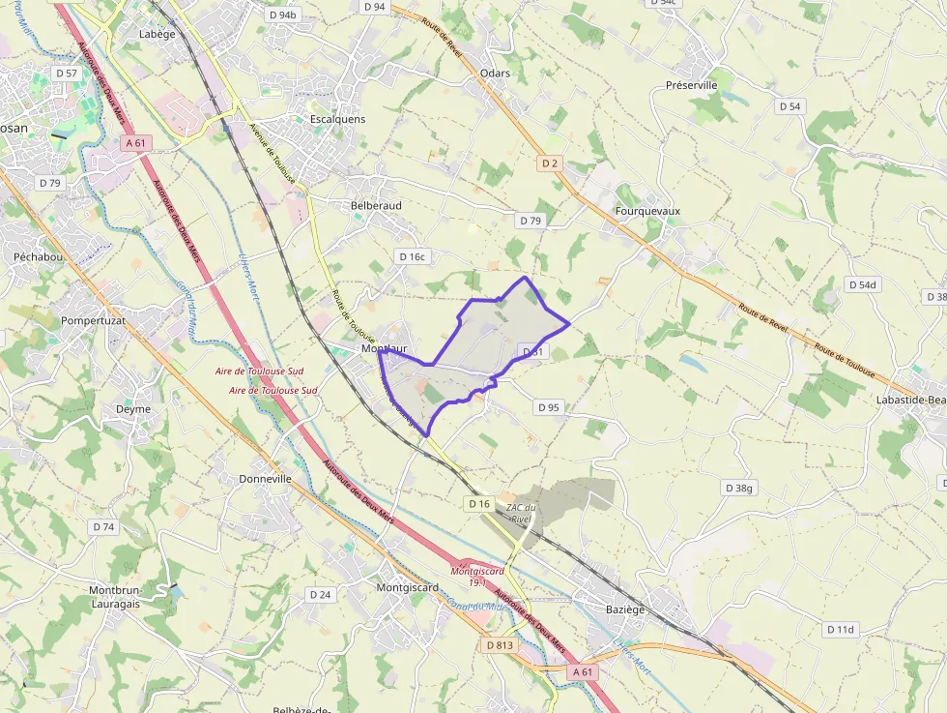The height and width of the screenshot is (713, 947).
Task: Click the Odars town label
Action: [x=494, y=74]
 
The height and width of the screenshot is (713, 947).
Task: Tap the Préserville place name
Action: [x=691, y=85]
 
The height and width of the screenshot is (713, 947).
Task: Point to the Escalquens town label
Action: [x=337, y=119]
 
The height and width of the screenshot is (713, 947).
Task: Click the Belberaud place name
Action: [x=376, y=206]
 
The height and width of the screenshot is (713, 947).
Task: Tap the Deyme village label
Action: [x=133, y=409]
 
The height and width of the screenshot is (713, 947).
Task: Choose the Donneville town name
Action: [x=265, y=479]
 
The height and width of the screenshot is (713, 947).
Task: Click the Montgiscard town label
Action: [x=407, y=587]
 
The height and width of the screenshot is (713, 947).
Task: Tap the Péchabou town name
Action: [x=38, y=257]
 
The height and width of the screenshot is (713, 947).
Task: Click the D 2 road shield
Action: [x=551, y=163]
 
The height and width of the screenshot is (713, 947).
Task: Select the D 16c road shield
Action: [x=412, y=256]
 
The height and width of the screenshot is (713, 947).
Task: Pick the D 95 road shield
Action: [x=548, y=407]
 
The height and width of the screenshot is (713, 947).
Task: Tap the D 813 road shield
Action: [x=501, y=645]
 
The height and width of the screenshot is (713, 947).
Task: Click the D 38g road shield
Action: [x=738, y=489]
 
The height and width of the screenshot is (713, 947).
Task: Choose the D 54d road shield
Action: [x=861, y=284]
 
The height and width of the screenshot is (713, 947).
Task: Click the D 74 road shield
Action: [x=102, y=527]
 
